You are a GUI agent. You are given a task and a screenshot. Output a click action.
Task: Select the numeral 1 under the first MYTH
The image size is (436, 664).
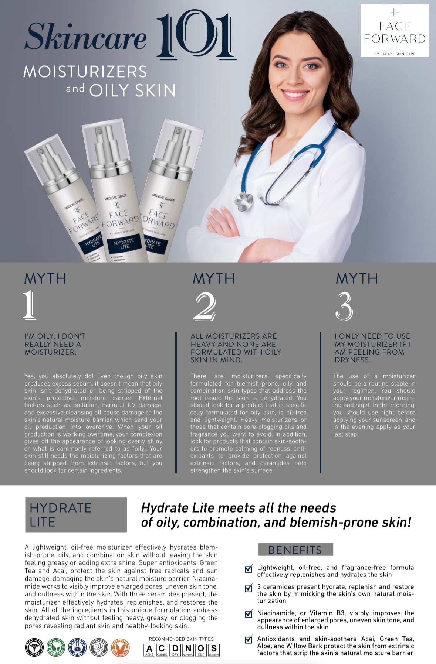pyautogui.click(x=30, y=305)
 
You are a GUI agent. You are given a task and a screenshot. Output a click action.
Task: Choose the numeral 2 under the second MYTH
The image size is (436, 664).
pyautogui.click(x=204, y=306)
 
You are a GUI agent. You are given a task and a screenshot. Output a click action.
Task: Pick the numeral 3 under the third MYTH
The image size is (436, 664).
pyautogui.click(x=344, y=306)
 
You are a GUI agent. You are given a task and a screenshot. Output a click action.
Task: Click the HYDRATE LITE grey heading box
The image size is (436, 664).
pyautogui.click(x=76, y=514)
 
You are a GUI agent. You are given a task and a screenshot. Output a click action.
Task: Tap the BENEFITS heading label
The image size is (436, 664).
pyautogui.click(x=295, y=550)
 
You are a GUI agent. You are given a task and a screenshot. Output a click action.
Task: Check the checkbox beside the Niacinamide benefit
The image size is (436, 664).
pyautogui.click(x=249, y=614)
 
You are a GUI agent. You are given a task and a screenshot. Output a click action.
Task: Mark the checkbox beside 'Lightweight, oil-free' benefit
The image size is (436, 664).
pyautogui.click(x=249, y=569)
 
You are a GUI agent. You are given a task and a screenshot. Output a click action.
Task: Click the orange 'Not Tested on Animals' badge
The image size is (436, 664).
pyautogui.click(x=120, y=647)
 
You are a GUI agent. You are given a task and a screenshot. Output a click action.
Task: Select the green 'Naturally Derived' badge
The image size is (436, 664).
pyautogui.click(x=55, y=647)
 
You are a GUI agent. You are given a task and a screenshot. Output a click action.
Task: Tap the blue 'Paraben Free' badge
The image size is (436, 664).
pyautogui.click(x=77, y=647)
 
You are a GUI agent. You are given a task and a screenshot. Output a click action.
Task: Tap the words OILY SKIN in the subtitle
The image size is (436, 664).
pyautogui.click(x=132, y=90)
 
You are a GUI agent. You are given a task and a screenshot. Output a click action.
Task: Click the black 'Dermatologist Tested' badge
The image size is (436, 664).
pyautogui.click(x=34, y=647)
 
